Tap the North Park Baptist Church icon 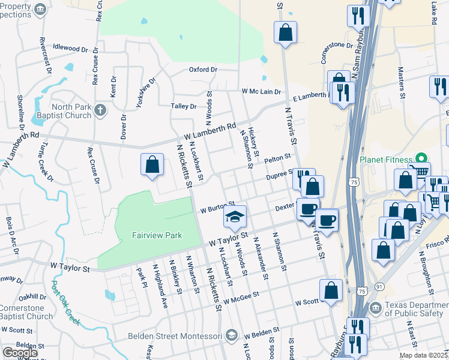click(100, 110)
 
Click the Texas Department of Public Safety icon click(375, 308)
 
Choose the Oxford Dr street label click(203, 70)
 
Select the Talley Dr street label click(184, 106)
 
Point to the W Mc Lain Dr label click(261, 91)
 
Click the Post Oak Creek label click(65, 303)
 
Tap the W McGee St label click(240, 298)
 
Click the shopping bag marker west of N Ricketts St click(152, 166)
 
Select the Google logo click(20, 353)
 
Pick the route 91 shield click(379, 287)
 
